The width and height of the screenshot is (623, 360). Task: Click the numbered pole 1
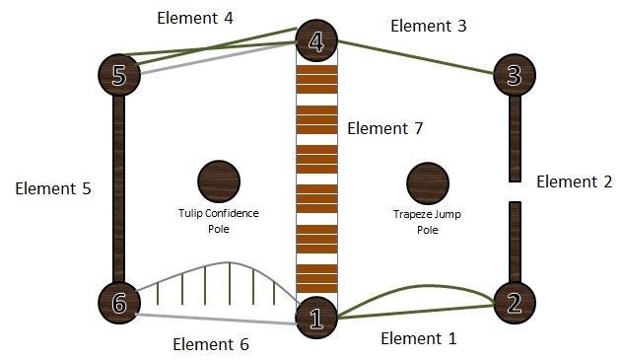(317, 317)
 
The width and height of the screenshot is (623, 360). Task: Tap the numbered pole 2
(514, 303)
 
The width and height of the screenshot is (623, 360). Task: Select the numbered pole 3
(514, 74)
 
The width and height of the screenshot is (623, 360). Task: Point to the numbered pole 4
(317, 42)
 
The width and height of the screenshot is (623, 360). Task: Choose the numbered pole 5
(120, 74)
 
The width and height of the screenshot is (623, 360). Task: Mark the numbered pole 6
(120, 303)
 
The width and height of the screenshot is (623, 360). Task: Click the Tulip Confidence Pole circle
(218, 182)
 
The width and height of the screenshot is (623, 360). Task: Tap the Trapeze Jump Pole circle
(428, 183)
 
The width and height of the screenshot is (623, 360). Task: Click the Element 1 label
(418, 338)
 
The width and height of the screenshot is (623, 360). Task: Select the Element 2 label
(575, 181)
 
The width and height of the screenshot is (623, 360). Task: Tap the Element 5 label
(53, 188)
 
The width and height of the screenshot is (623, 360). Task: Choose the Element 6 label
(210, 344)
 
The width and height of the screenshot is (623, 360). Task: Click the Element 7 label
(385, 128)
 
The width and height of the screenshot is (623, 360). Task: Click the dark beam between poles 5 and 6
(120, 188)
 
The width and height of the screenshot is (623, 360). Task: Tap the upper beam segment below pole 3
(514, 138)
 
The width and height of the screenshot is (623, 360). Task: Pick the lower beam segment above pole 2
(514, 241)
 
